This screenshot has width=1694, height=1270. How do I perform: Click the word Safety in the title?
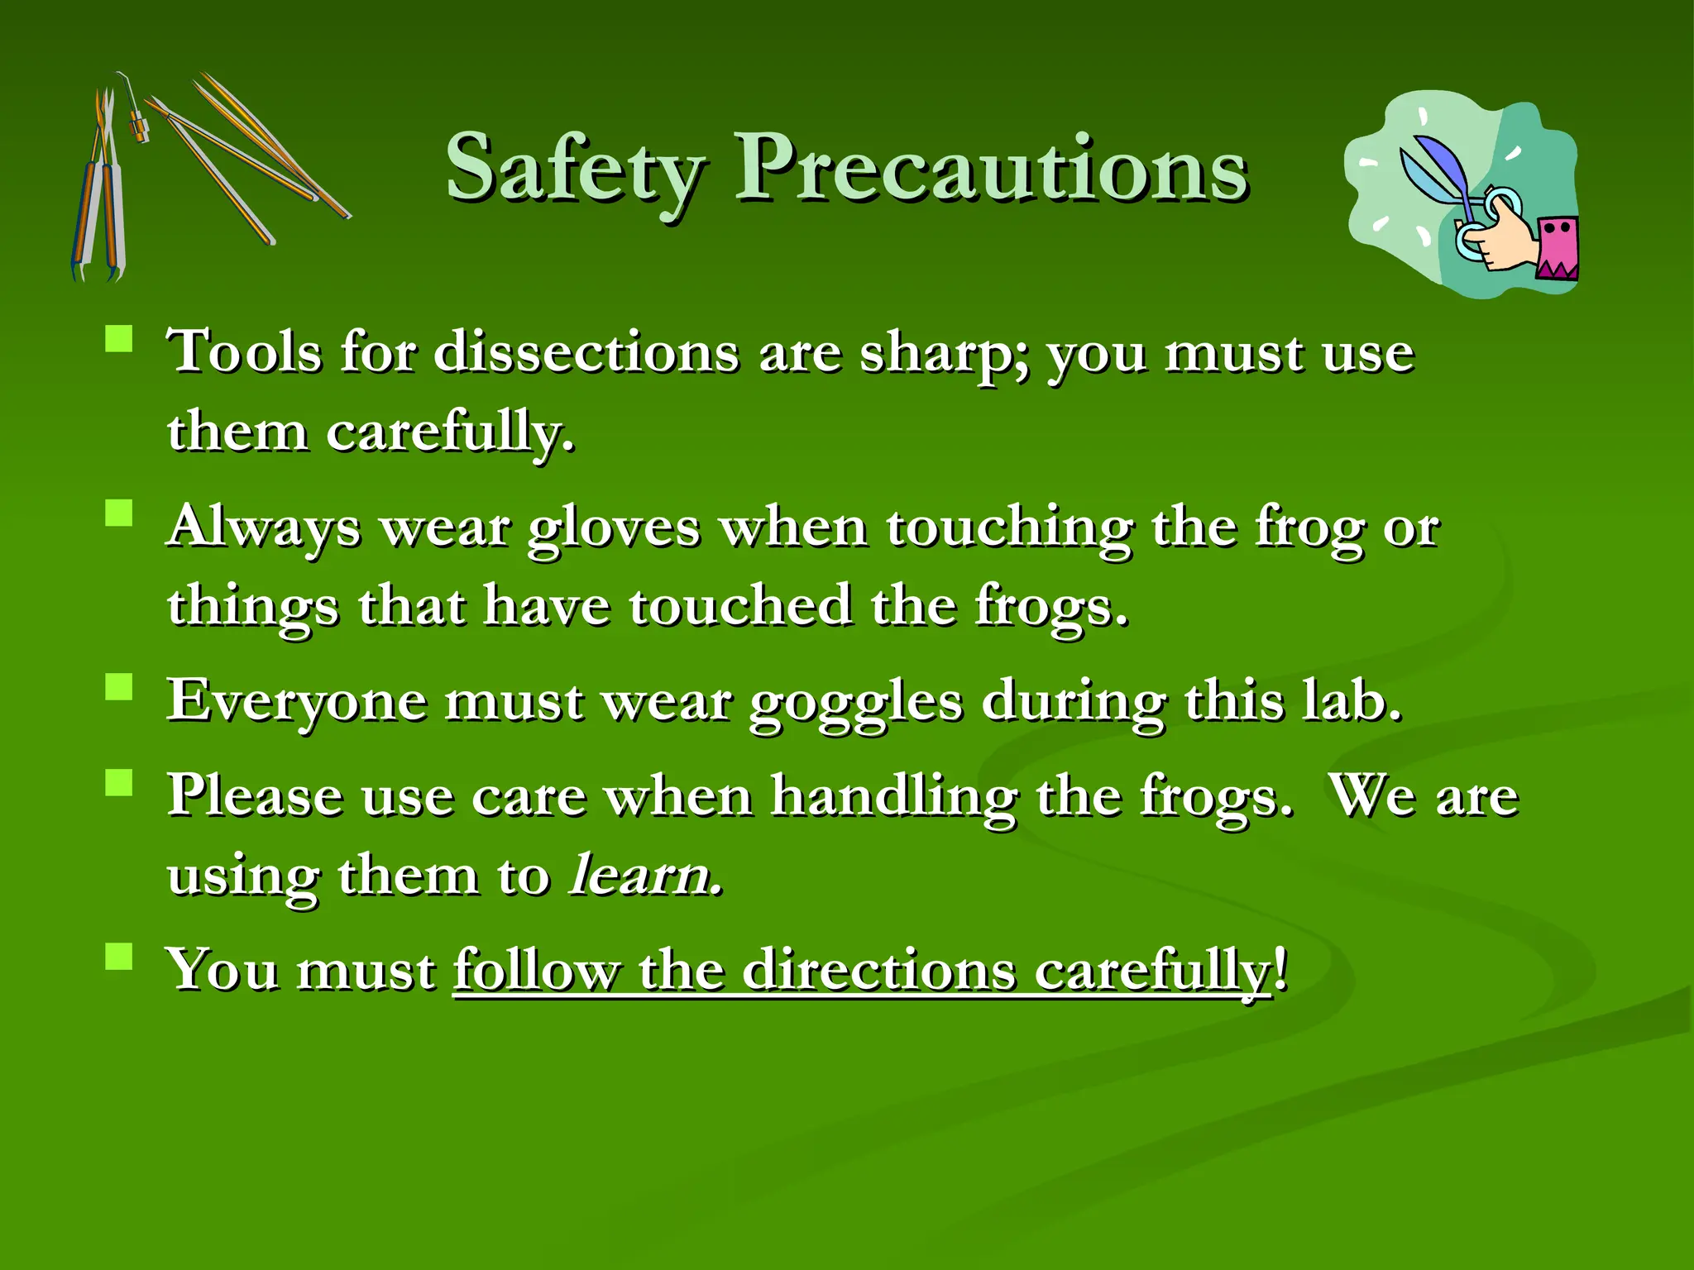(575, 170)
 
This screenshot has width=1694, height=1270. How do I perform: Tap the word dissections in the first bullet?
(586, 353)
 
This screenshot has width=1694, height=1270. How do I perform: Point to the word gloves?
(614, 529)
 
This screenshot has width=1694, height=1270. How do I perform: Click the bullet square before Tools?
(119, 339)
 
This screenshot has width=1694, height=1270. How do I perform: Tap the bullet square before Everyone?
(119, 687)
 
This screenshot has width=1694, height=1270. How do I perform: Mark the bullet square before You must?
(119, 956)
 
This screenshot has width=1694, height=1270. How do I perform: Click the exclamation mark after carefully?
(1280, 968)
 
